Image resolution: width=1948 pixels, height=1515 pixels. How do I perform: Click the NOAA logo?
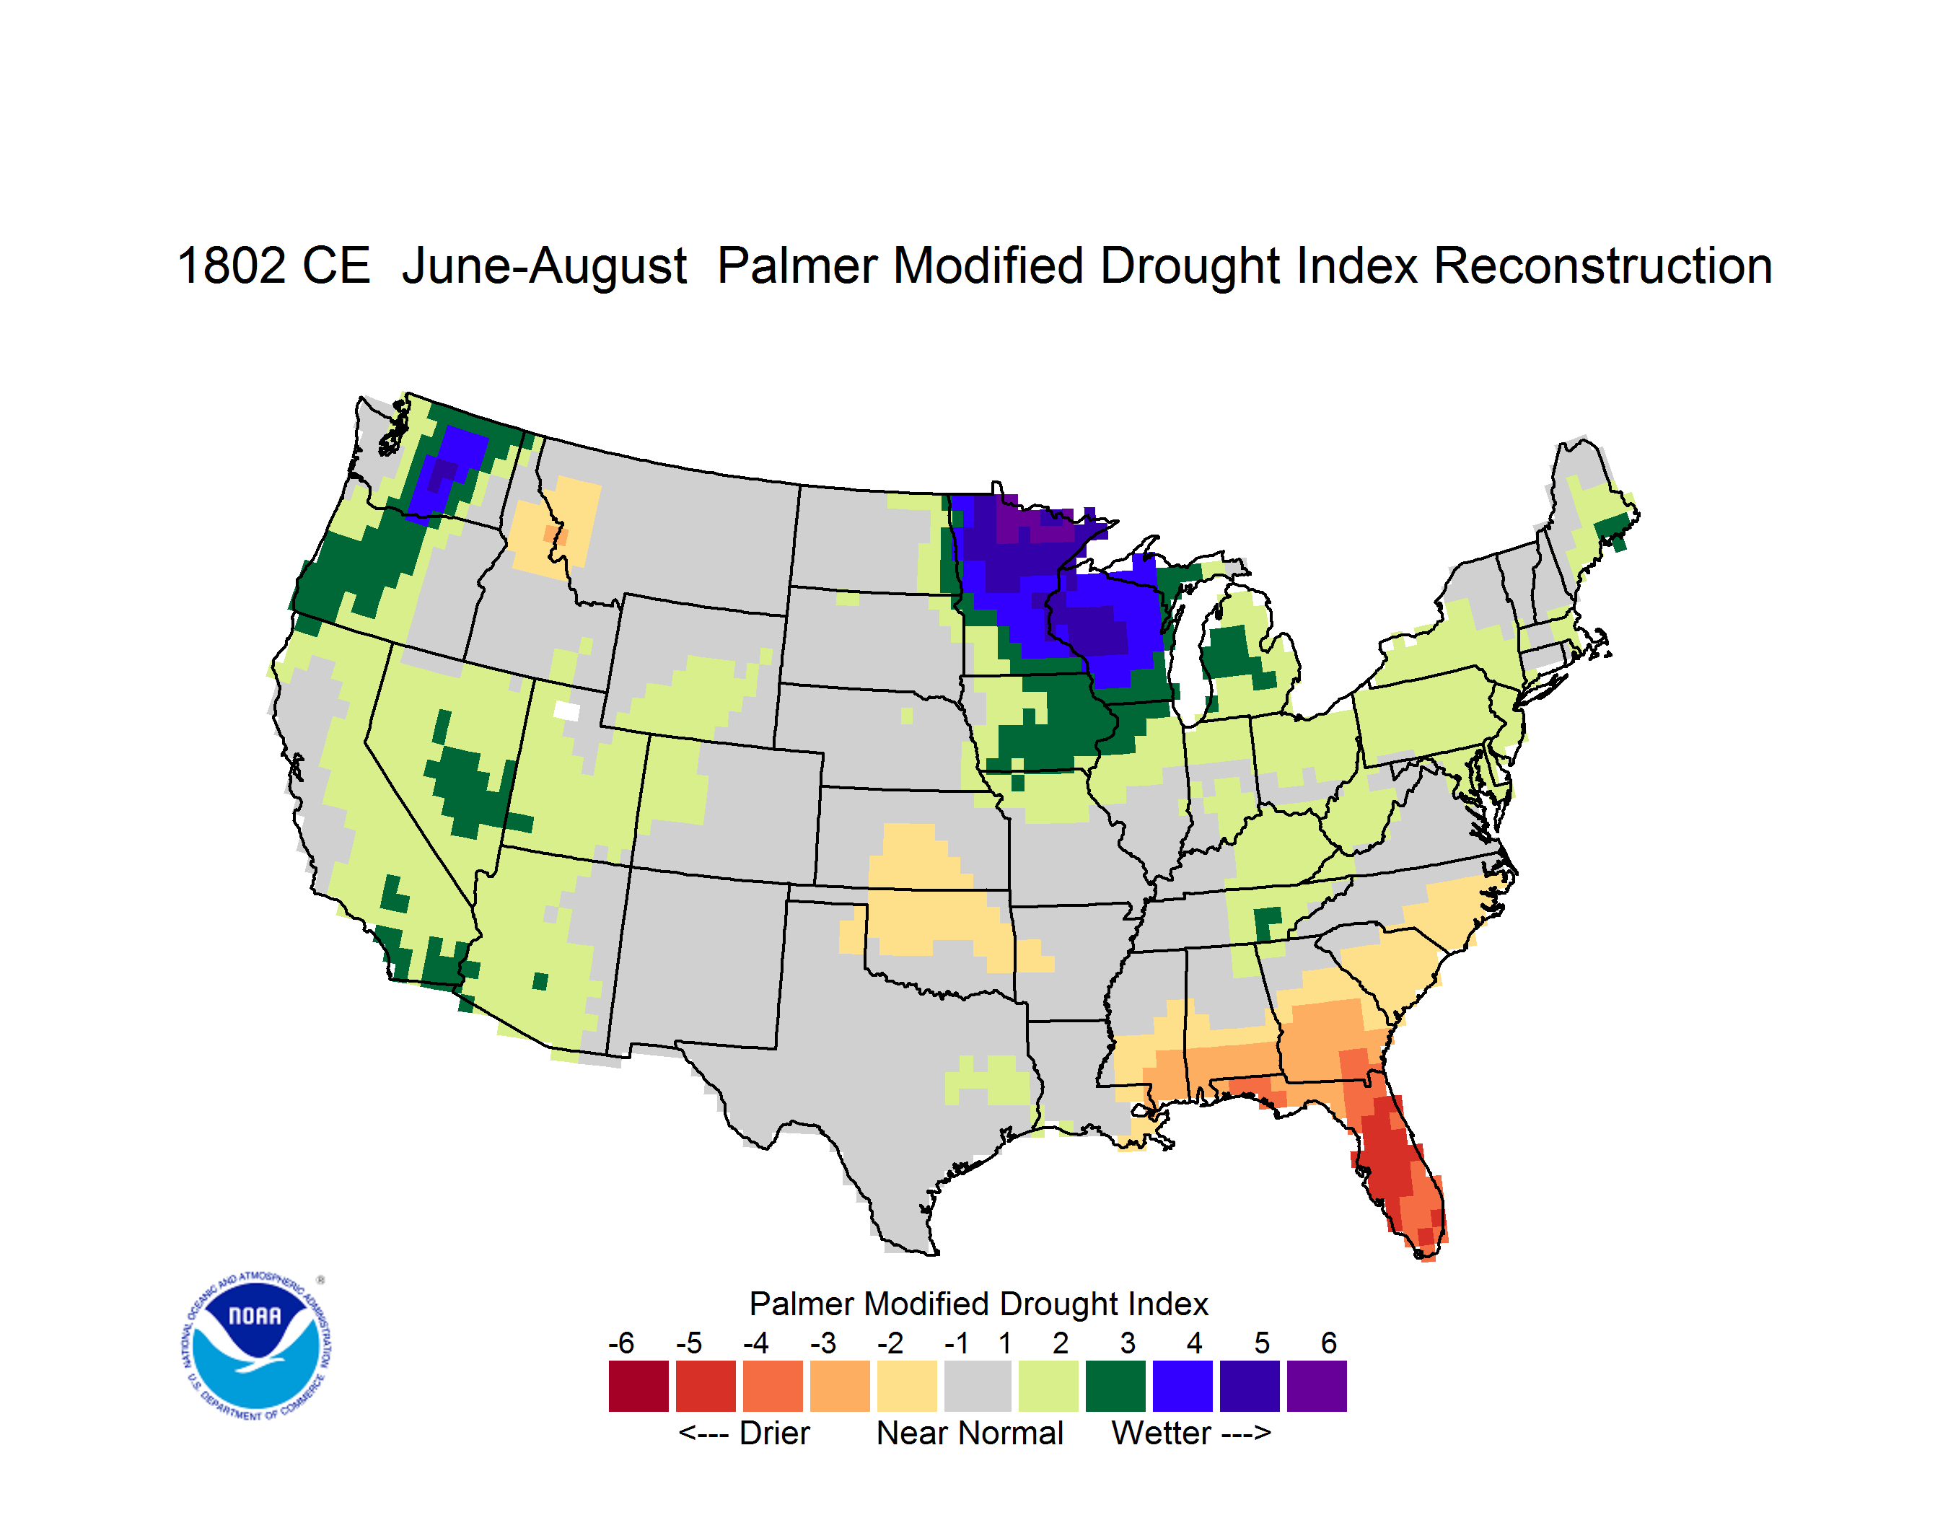coord(256,1346)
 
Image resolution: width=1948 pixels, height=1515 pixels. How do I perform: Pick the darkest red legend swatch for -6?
coord(639,1386)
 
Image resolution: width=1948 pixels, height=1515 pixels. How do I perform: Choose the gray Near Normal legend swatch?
coord(978,1386)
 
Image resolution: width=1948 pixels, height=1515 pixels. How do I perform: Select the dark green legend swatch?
coord(1115,1386)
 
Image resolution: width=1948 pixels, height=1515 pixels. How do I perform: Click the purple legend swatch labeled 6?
coord(1317,1386)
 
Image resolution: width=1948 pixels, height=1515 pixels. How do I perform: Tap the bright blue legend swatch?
coord(1183,1386)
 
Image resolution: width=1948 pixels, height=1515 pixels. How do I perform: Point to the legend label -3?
coord(822,1343)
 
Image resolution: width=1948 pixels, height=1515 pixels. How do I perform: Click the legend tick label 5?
coord(1261,1343)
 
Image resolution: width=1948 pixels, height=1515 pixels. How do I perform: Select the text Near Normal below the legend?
coord(970,1433)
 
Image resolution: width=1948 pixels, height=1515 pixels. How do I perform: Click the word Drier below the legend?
coord(774,1433)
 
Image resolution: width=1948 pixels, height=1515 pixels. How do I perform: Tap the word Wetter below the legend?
coord(1162,1433)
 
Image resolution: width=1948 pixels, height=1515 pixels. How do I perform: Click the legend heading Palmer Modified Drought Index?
coord(978,1304)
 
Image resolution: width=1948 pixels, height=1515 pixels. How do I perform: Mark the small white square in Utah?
coord(566,711)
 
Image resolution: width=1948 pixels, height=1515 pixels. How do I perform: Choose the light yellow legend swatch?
coord(907,1386)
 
